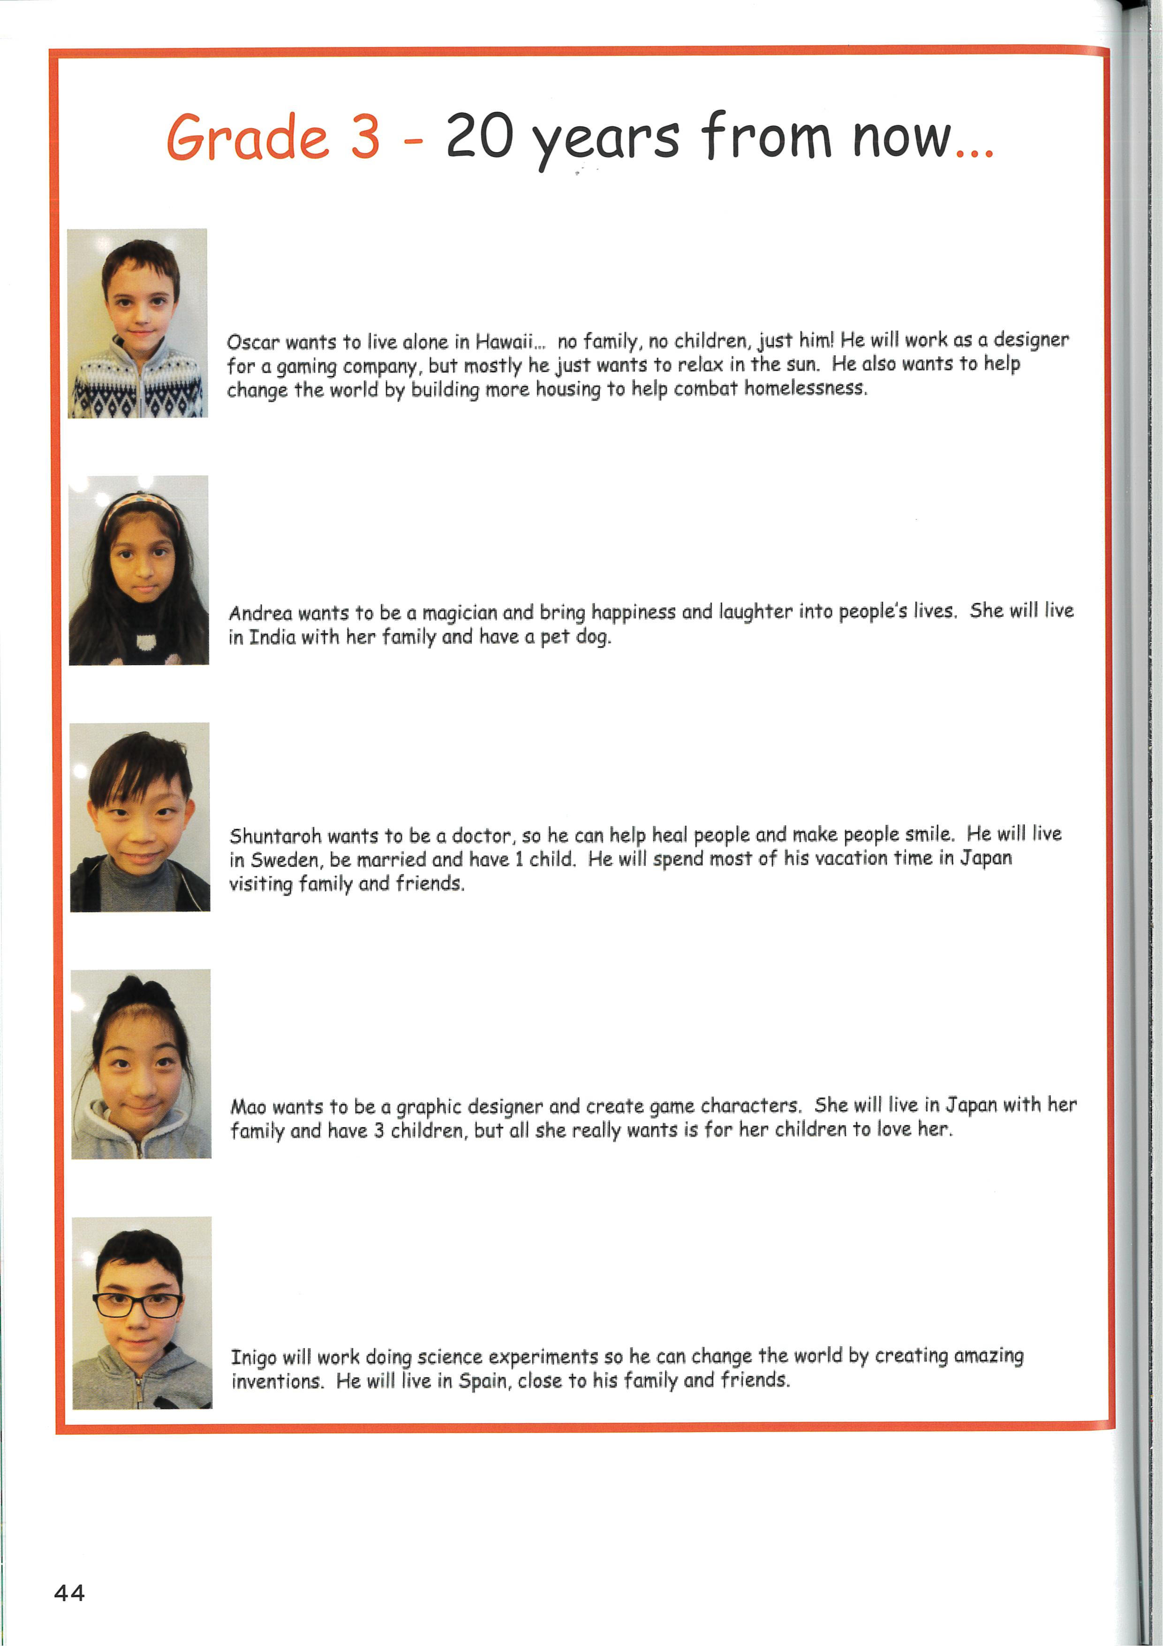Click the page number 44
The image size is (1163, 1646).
click(69, 1593)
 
